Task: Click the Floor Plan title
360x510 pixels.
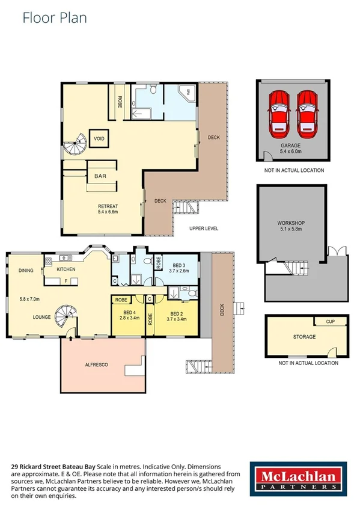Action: [55, 17]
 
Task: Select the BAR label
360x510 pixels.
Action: [100, 177]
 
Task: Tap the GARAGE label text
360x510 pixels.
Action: [291, 146]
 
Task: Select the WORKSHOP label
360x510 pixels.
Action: [290, 223]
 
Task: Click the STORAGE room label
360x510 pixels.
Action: [304, 337]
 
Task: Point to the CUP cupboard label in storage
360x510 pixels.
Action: [330, 322]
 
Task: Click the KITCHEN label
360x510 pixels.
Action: [66, 269]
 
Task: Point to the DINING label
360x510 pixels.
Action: [25, 270]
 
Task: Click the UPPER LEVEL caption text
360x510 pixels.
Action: [204, 229]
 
